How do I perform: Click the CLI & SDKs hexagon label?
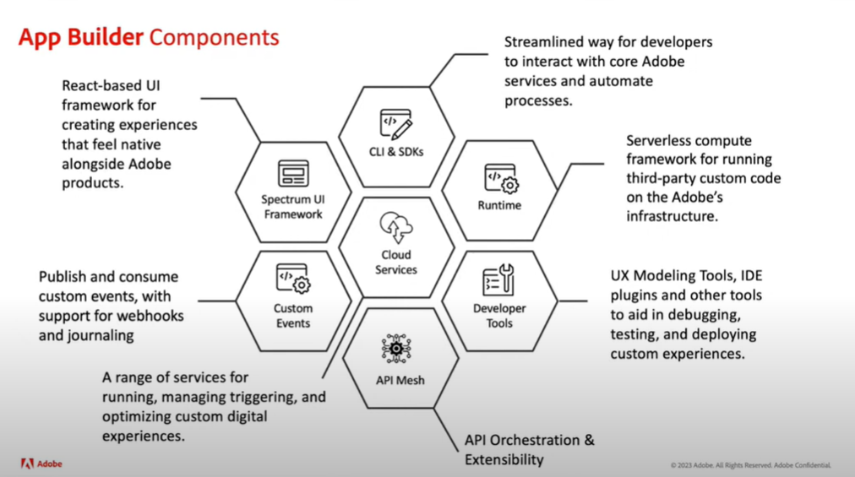(396, 152)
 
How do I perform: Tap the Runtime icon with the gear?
(501, 179)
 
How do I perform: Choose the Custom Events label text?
(293, 316)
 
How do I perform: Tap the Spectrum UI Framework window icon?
(293, 174)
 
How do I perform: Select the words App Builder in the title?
(81, 37)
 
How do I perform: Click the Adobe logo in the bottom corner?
(41, 463)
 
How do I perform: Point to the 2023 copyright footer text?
(751, 465)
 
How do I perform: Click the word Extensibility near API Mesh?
(504, 459)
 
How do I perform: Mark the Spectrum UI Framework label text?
(293, 207)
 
